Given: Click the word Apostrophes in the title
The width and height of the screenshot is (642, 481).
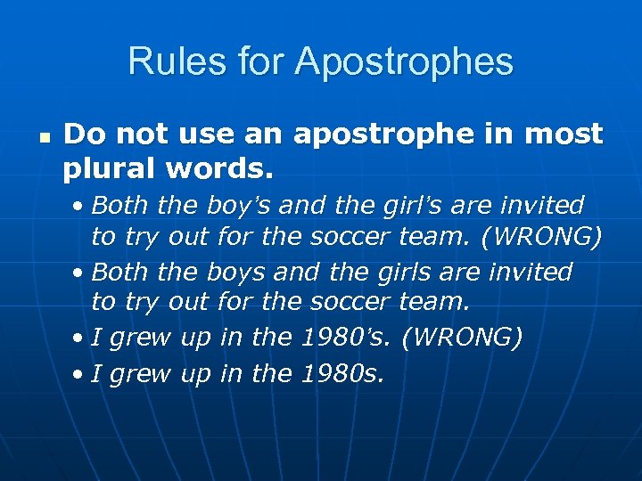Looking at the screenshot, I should coord(404,62).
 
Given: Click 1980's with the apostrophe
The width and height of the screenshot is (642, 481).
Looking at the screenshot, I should coord(337,338).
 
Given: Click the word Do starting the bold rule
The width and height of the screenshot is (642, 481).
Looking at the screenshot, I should coord(81,135).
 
